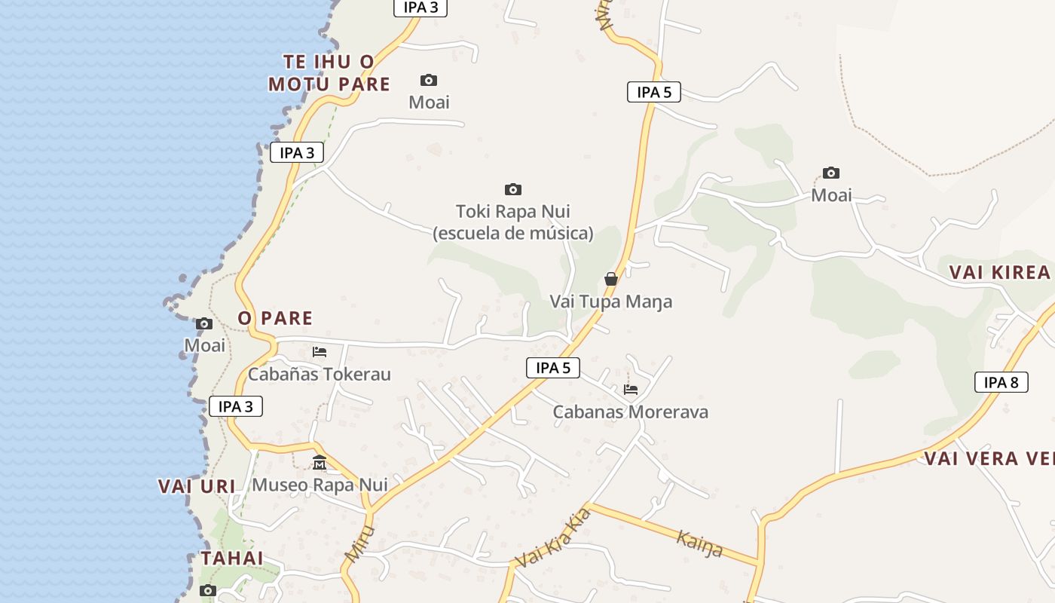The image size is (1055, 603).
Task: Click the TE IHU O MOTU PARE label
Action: pyautogui.click(x=329, y=72)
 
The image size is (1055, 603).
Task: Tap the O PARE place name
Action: pyautogui.click(x=275, y=318)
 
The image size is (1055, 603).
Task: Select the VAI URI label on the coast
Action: pyautogui.click(x=197, y=486)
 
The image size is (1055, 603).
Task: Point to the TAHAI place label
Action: pyautogui.click(x=232, y=559)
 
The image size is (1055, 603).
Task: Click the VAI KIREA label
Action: pyautogui.click(x=999, y=272)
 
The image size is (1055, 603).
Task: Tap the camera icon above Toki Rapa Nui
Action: pyautogui.click(x=513, y=189)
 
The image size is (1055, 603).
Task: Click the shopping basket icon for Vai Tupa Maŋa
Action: pyautogui.click(x=611, y=279)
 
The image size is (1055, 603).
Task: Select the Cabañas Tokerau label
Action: pyautogui.click(x=320, y=374)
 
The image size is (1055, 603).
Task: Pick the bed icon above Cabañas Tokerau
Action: pyautogui.click(x=320, y=352)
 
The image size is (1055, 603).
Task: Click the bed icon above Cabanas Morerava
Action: pyautogui.click(x=631, y=390)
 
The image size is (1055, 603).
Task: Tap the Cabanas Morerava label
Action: pyautogui.click(x=631, y=412)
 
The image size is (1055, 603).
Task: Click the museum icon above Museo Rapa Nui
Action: pyautogui.click(x=320, y=462)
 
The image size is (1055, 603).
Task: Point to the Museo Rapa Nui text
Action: pyautogui.click(x=320, y=485)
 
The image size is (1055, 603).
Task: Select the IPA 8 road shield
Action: pyautogui.click(x=1001, y=382)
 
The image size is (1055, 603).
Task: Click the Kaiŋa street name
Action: pyautogui.click(x=699, y=543)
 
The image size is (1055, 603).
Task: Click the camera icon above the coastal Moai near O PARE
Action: pyautogui.click(x=204, y=324)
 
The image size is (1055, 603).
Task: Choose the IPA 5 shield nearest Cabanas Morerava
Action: pyautogui.click(x=553, y=368)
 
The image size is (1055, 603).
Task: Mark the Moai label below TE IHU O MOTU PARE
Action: pyautogui.click(x=429, y=102)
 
